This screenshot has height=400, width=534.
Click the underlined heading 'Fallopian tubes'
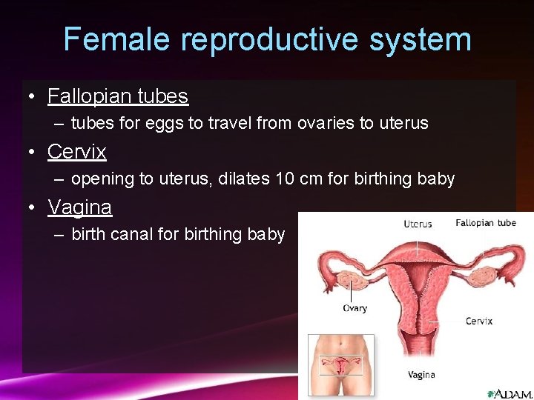click(x=118, y=96)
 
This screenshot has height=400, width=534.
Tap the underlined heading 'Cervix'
click(x=77, y=152)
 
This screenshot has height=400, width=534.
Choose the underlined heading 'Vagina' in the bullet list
click(x=80, y=207)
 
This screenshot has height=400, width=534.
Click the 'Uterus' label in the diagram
click(x=418, y=224)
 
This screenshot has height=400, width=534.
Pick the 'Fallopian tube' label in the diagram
click(x=486, y=223)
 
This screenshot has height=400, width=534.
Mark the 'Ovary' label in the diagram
click(x=355, y=308)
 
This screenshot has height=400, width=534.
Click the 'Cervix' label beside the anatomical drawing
click(x=479, y=321)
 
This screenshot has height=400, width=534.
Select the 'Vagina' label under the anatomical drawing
click(x=421, y=375)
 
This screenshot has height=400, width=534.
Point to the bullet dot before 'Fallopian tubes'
click(x=31, y=97)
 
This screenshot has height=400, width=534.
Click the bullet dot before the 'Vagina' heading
click(x=31, y=208)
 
